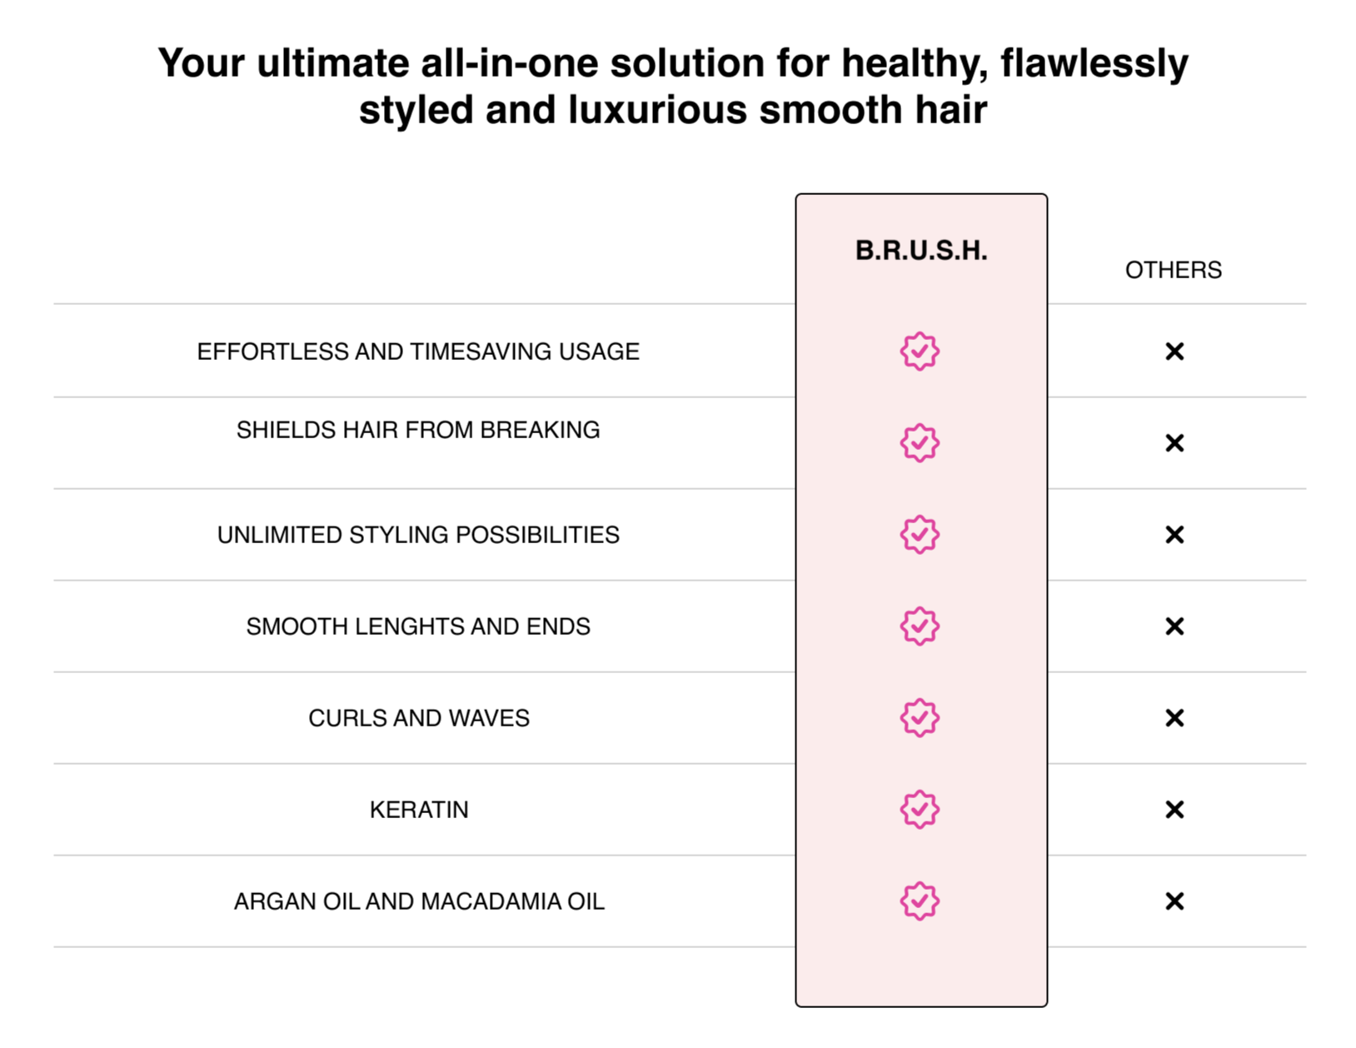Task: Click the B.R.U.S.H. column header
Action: coord(921,250)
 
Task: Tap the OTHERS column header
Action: coord(1173,270)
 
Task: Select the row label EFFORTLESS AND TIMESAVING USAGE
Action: coord(418,352)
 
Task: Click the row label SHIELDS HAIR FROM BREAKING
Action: coord(418,430)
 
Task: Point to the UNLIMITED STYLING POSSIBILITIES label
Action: coord(418,535)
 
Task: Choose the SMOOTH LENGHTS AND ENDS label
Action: coord(418,626)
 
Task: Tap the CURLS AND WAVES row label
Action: coord(419,718)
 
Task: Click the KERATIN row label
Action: coord(419,811)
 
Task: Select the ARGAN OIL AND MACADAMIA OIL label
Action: coord(419,902)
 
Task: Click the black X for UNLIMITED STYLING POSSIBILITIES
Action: coord(1174,535)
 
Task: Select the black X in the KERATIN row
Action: coord(1174,811)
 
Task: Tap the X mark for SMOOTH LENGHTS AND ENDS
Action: coord(1174,626)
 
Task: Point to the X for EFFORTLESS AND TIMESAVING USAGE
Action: coord(1174,352)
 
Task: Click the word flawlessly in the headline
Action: coord(1094,63)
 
